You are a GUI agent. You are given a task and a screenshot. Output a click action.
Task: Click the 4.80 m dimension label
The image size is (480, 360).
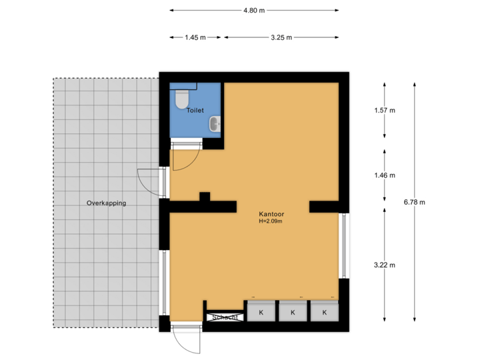click(254, 10)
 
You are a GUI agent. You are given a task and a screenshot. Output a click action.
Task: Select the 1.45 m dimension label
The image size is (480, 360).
click(195, 38)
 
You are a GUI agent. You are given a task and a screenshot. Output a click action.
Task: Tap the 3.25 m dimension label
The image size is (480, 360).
click(281, 38)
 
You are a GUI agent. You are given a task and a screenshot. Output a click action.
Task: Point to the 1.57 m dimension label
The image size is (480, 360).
click(385, 111)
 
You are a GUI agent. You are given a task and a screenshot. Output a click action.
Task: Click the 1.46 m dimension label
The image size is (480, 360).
click(385, 175)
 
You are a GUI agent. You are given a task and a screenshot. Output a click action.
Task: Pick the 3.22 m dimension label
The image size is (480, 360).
click(385, 265)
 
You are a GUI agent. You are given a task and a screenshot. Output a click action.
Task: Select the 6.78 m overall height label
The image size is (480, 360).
click(415, 201)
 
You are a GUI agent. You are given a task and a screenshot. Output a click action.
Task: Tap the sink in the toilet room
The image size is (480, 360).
click(214, 123)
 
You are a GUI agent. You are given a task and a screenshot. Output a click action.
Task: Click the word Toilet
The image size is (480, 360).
click(195, 111)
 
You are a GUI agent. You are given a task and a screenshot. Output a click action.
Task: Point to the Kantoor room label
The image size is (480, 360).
click(271, 214)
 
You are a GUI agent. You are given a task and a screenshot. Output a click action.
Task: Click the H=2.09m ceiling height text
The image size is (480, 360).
click(271, 221)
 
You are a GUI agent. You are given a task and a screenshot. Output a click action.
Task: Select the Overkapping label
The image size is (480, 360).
click(106, 203)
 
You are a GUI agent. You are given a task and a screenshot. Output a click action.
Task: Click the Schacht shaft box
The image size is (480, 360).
click(224, 317)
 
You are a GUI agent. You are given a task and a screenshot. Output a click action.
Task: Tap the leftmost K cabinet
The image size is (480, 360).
click(261, 312)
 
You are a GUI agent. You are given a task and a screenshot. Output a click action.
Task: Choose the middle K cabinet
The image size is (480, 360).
click(293, 312)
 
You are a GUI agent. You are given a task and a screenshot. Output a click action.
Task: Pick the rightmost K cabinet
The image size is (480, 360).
click(325, 312)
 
